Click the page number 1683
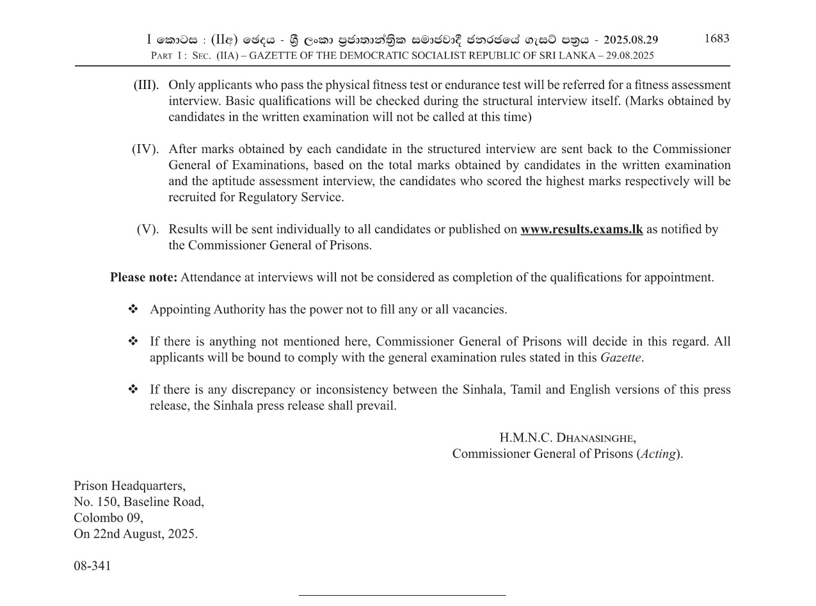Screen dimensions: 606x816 click(716, 38)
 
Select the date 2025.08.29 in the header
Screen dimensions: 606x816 click(630, 40)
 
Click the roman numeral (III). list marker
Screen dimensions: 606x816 click(146, 85)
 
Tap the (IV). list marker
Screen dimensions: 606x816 click(145, 149)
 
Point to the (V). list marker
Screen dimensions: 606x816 click(147, 229)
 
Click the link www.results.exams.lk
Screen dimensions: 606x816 click(581, 229)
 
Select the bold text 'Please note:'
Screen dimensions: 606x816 click(143, 277)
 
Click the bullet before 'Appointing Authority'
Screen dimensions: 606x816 click(133, 309)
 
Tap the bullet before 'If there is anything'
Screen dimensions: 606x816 click(133, 341)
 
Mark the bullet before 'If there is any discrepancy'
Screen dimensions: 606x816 click(133, 389)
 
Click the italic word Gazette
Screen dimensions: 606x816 click(620, 357)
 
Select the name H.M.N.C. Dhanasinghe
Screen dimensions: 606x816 click(567, 438)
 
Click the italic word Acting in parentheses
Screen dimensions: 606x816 click(658, 454)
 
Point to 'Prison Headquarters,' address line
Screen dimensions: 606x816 click(129, 486)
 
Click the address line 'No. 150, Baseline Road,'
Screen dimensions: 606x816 click(139, 502)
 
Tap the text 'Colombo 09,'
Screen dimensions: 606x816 click(108, 518)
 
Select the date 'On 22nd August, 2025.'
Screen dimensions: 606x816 click(136, 534)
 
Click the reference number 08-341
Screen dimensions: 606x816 click(92, 566)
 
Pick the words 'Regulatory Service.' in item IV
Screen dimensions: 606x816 click(291, 197)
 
